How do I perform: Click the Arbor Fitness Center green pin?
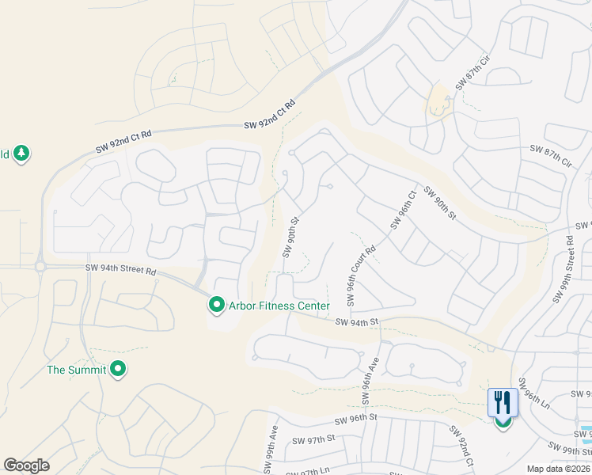215,305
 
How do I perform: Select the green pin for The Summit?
118,369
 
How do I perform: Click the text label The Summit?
76,370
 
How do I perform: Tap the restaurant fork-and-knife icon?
503,403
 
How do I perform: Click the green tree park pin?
21,154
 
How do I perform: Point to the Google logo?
26,465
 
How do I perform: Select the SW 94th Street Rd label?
121,270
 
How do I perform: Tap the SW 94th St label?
358,322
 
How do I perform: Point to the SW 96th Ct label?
402,210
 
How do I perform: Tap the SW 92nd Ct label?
462,446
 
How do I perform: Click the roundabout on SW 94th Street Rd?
40,267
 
